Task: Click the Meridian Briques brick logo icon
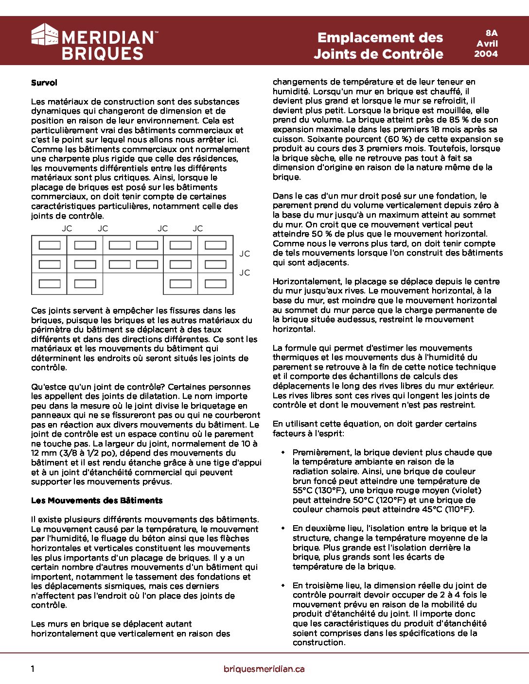click(x=45, y=34)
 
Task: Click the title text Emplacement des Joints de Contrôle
click(x=379, y=46)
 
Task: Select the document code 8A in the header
click(x=491, y=33)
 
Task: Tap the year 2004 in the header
click(x=486, y=54)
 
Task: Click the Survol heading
click(x=44, y=83)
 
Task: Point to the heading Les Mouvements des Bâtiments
click(x=97, y=500)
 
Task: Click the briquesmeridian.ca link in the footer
click(x=264, y=669)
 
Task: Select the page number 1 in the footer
click(x=33, y=669)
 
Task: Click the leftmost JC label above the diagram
click(x=67, y=228)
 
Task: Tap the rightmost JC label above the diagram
click(x=197, y=228)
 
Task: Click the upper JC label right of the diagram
click(x=245, y=254)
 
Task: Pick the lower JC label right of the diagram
click(x=245, y=273)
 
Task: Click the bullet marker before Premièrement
click(x=283, y=452)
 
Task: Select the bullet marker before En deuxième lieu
click(x=283, y=528)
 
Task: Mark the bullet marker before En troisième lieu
click(x=283, y=585)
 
